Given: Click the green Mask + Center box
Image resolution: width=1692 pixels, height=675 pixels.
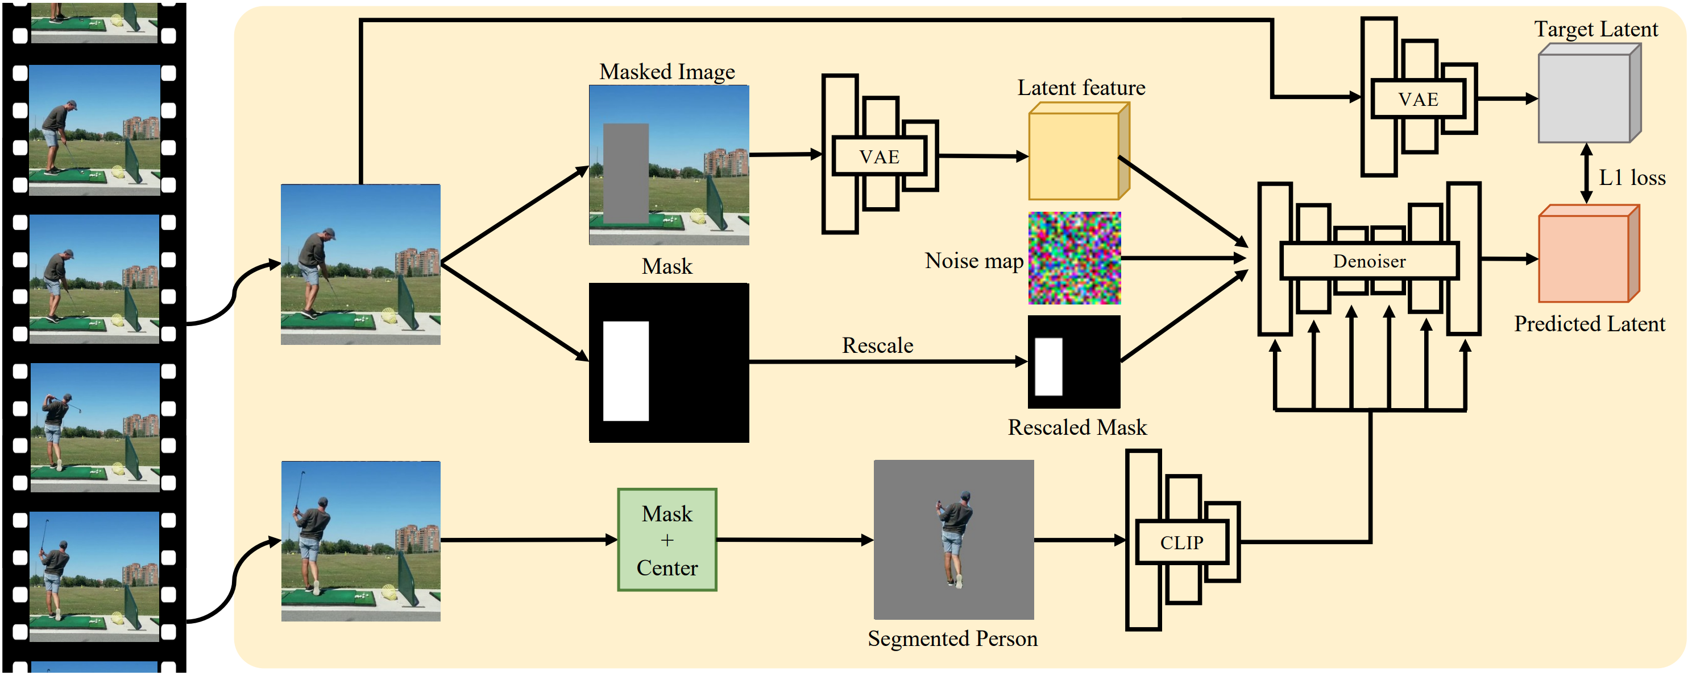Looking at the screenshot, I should [667, 540].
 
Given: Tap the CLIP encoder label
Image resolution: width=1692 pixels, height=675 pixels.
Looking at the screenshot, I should [1181, 542].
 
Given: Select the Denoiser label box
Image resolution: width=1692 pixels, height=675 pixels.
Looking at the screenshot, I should [1369, 261].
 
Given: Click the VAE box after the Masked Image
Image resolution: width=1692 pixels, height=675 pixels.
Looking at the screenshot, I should [879, 157].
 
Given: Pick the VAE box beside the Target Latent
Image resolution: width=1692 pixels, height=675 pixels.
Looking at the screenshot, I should [1418, 99].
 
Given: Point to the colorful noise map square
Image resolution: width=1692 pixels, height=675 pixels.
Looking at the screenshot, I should [1075, 258].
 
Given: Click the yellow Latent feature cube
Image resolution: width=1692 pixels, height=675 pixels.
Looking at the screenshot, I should [1075, 155].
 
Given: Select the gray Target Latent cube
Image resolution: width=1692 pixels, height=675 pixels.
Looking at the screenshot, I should [1585, 97].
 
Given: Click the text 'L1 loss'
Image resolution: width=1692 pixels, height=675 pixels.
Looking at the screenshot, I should [1632, 178].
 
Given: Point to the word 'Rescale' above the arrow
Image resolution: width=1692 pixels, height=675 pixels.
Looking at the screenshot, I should [877, 345].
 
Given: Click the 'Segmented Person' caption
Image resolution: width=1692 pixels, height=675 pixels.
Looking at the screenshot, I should [952, 638].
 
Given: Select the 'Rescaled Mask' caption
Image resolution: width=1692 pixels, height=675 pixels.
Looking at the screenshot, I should [1077, 427].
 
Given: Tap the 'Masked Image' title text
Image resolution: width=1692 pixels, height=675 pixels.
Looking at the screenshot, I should [667, 71].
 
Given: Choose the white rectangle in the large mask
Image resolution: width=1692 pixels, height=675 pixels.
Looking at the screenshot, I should [626, 371].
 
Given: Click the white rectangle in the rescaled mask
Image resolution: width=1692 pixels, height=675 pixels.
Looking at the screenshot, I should [1048, 367].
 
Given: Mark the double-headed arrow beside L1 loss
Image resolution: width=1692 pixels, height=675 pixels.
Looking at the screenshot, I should [1586, 174].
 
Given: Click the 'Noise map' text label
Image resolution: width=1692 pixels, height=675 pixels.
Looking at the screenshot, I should [974, 260].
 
